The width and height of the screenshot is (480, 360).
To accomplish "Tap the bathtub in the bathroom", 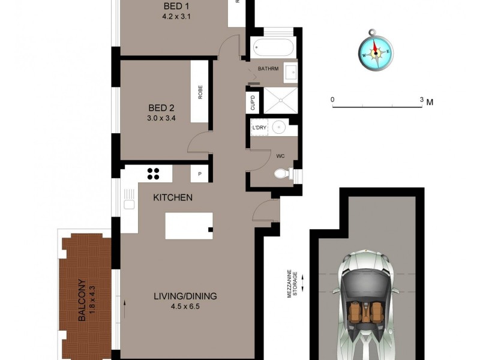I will coord(273,46).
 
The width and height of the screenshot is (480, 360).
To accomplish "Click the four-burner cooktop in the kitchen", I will coord(154,173).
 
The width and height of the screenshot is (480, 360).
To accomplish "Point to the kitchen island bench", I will coord(189,225).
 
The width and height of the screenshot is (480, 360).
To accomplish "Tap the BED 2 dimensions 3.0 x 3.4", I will coord(161,118).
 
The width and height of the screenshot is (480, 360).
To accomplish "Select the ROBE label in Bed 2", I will coord(200,92).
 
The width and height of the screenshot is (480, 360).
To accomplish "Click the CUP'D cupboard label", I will coord(253,103).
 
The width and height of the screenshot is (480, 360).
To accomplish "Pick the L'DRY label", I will coord(259,128).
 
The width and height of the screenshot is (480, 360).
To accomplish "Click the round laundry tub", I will coord(279,128).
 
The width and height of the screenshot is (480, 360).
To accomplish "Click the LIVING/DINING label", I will coord(185,296).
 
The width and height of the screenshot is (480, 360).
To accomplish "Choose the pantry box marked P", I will coord(199,174).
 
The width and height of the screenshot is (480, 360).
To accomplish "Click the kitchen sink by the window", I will coord(129,203).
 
